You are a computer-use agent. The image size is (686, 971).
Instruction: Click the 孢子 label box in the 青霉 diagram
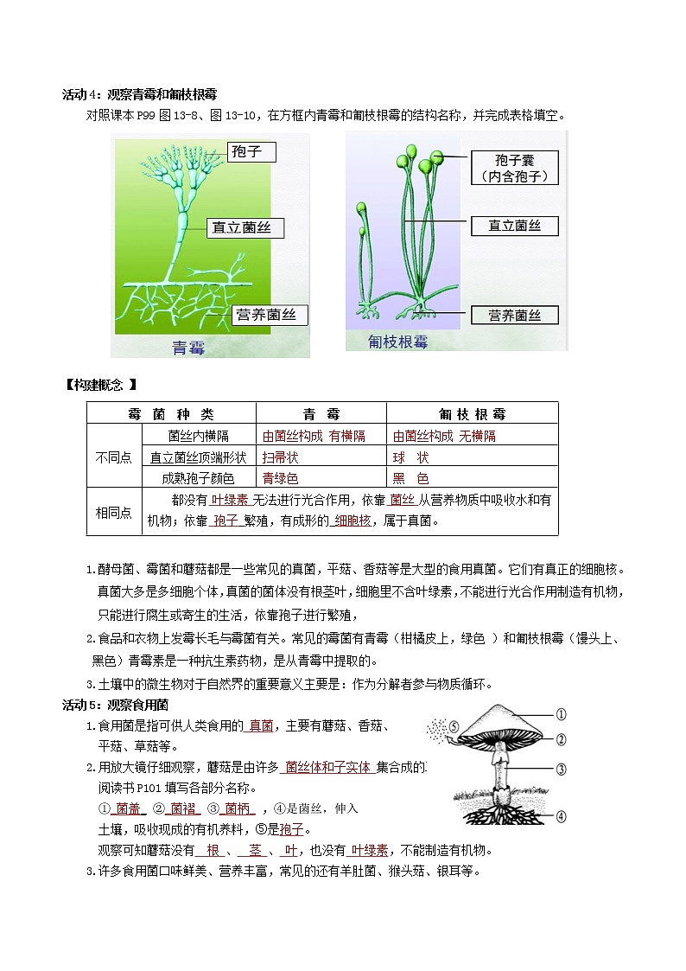tap(251, 152)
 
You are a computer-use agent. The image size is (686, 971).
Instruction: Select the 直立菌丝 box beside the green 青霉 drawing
tap(246, 227)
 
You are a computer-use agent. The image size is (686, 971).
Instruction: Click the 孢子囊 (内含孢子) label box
tap(514, 168)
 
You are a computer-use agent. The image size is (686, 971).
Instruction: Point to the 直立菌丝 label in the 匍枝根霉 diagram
tap(514, 226)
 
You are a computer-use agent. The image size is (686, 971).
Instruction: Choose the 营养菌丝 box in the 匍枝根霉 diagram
tap(514, 315)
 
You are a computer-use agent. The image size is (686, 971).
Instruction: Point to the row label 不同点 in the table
tap(112, 457)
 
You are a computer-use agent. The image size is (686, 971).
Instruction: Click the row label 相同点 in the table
tap(112, 512)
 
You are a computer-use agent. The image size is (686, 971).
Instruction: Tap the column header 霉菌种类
tap(170, 414)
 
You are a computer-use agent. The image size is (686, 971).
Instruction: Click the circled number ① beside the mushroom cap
tap(561, 714)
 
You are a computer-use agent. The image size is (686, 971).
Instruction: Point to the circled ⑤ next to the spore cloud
tap(454, 727)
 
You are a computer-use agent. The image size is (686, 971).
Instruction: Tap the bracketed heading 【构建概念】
tap(101, 385)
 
